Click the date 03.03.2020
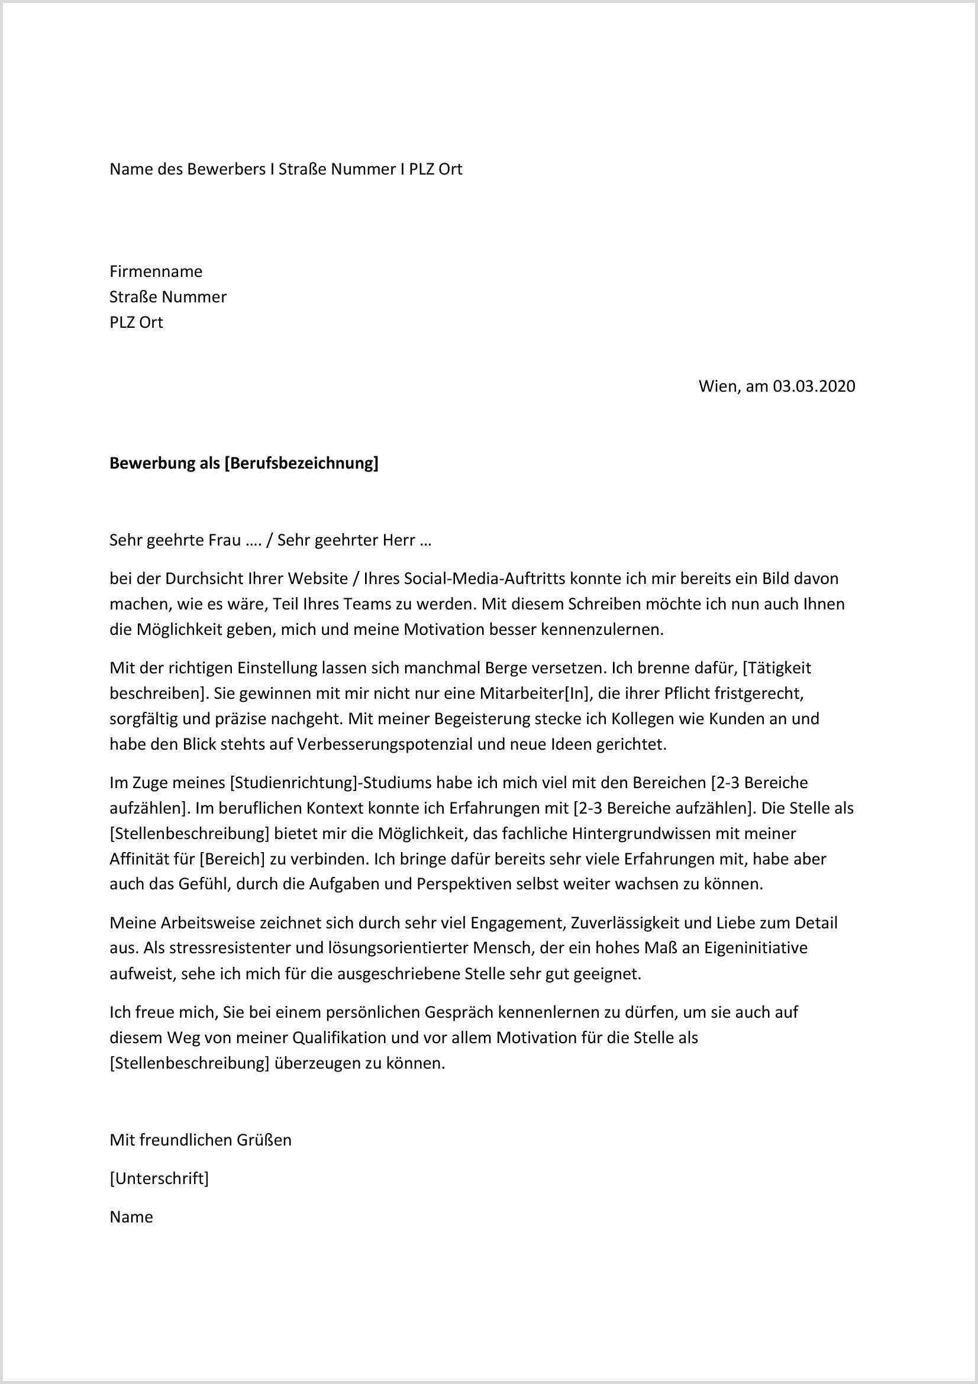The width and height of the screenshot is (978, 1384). click(x=814, y=386)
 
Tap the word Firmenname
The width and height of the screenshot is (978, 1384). click(x=156, y=271)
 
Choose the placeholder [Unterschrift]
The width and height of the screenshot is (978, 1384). click(x=159, y=1178)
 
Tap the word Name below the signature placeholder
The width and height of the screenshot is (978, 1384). click(x=131, y=1217)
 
